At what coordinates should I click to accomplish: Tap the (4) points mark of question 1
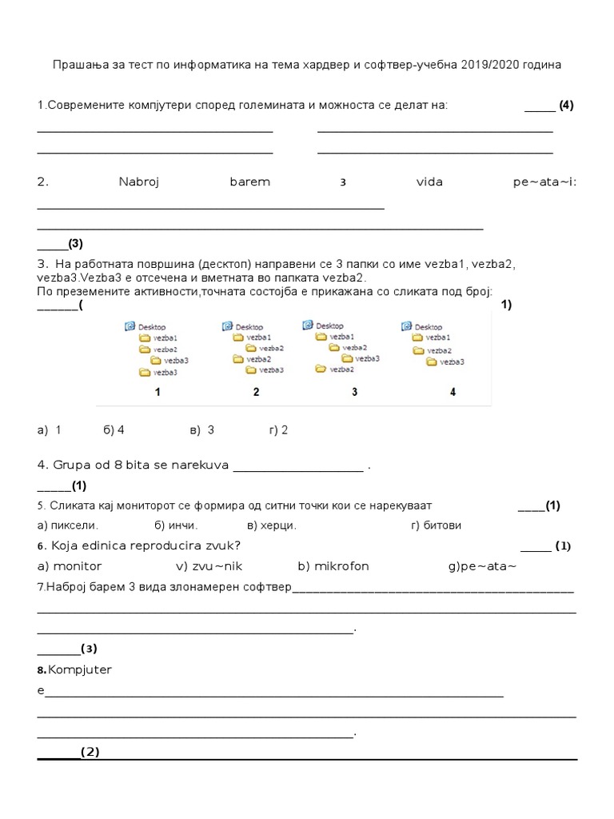pos(566,106)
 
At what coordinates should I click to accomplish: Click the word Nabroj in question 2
pos(139,182)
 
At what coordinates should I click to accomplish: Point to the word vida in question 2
pos(429,182)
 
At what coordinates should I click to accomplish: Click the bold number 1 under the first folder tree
pos(157,393)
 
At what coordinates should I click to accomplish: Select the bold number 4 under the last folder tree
pos(453,393)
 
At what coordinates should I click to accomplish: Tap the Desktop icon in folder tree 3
pos(308,326)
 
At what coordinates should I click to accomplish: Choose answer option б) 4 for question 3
pos(114,429)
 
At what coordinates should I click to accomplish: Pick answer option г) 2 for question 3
pos(278,429)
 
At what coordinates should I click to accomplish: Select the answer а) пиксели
pos(68,525)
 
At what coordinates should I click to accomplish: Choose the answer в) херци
pos(272,525)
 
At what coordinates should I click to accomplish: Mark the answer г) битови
pos(436,525)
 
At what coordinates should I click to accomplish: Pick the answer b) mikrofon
pos(333,566)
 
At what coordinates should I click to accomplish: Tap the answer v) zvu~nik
pos(208,566)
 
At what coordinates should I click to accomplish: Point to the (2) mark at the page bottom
pos(89,752)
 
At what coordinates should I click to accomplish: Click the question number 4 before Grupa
pos(41,465)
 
